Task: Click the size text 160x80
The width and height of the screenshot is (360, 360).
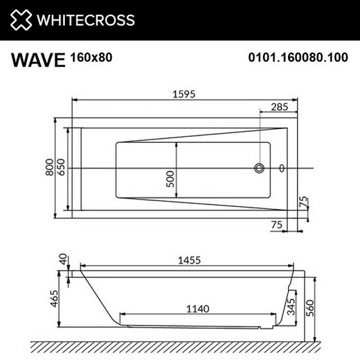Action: click(90, 58)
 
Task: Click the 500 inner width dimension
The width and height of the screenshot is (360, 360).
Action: click(170, 179)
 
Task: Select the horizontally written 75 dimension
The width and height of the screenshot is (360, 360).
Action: click(276, 224)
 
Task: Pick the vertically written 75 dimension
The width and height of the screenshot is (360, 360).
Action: click(304, 202)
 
